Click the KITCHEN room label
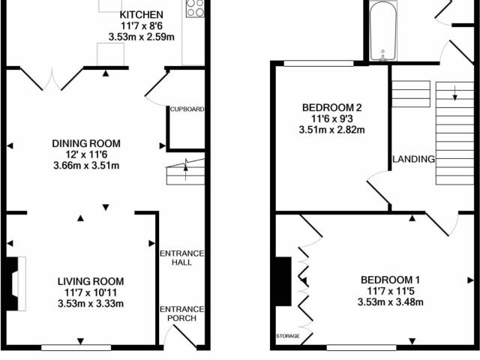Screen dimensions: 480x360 point(141,15)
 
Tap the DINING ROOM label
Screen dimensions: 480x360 point(86,143)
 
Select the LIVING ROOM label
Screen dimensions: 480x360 point(91,281)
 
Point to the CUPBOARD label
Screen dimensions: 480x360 point(187,109)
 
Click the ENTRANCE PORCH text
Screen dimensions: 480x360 point(181,313)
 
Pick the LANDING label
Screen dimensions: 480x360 point(413,159)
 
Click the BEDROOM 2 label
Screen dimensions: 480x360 point(331,108)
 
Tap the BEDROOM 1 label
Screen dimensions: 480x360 point(390,280)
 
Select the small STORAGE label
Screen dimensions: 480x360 point(288,336)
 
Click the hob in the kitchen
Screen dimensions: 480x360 point(195,8)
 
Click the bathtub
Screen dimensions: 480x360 point(383,31)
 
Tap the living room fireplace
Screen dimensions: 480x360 point(15,283)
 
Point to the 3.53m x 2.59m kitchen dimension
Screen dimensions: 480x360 point(142,37)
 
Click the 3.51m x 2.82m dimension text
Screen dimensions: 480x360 point(331,130)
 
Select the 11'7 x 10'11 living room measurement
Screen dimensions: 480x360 point(91,292)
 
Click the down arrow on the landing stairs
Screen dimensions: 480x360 point(455,93)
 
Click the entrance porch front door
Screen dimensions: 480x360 point(184,337)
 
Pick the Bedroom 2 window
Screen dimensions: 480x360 point(319,63)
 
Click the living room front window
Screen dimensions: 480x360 point(76,347)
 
